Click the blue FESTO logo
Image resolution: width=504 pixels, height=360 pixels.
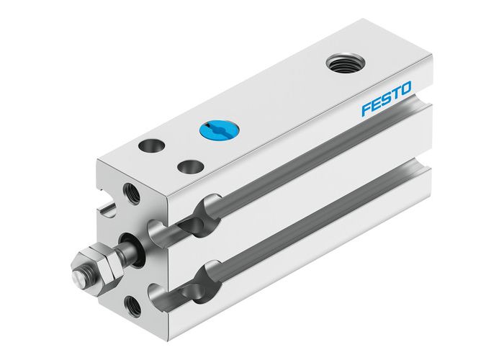(387, 99)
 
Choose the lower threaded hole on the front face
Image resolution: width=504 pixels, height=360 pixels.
(133, 305)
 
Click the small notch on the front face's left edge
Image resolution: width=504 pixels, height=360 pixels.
(106, 209)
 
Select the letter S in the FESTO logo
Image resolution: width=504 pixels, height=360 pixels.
(386, 99)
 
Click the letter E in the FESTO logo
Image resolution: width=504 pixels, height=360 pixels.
(376, 104)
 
